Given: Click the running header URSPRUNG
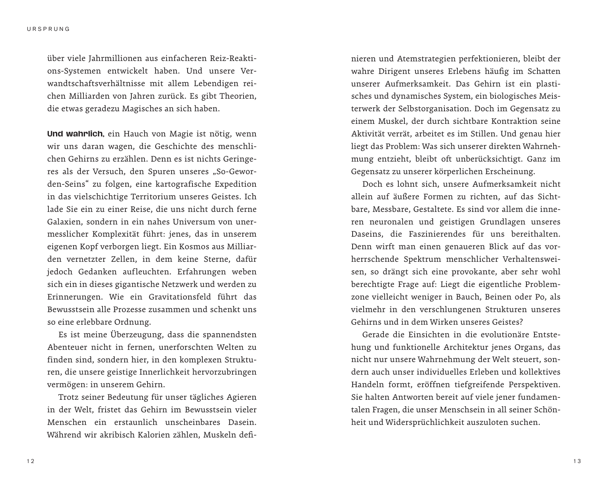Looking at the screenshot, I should pos(49,29).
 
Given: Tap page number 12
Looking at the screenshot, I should pos(30,462).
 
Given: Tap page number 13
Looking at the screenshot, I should pos(577,462).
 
